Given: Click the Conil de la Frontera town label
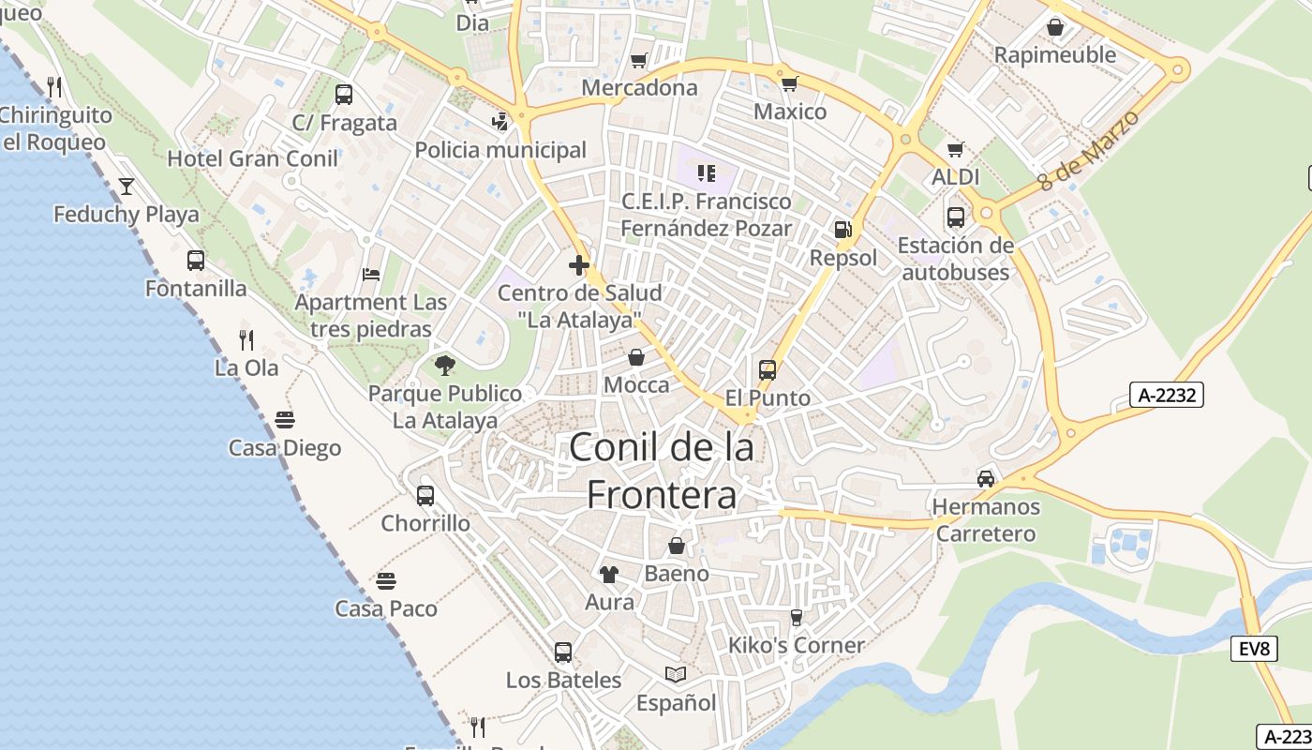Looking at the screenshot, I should coord(662,471).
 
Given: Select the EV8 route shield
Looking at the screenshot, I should coord(1254,648).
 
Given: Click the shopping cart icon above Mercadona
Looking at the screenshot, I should coord(639,61).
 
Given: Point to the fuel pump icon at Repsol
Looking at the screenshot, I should coord(843,230).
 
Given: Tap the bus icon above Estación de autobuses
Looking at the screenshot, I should coord(956,217).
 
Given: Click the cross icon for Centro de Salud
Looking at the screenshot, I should coord(579,265).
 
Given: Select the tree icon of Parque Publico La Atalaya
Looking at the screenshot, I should coord(445,366).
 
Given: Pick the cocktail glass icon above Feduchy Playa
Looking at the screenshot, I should coord(127,186).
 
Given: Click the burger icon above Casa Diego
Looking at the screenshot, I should coord(285,419).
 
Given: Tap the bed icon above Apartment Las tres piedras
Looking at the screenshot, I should coord(371,275).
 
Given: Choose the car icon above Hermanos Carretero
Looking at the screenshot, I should coord(986,479).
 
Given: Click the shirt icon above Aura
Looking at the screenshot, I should coord(609,574).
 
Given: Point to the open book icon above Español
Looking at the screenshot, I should coord(676,674).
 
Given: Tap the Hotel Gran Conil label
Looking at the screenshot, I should coord(252,158).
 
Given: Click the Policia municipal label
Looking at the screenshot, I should coord(500,150).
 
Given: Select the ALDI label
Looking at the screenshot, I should coord(956,177).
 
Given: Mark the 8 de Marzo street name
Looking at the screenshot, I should coord(1089,151).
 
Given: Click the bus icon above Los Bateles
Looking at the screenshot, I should coord(563,652).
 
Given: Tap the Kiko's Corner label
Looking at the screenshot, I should coord(797,645).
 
